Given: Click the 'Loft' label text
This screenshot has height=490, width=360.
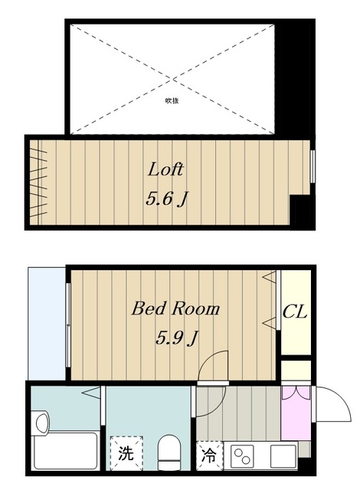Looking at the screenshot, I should click(x=165, y=169).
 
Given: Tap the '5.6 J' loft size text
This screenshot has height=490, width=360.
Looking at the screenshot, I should click(x=167, y=199).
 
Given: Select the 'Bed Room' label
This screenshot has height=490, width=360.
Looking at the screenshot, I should click(x=175, y=309).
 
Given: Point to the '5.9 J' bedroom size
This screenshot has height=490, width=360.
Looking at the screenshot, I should click(x=177, y=338).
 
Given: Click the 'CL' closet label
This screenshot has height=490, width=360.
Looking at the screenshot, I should click(x=295, y=312).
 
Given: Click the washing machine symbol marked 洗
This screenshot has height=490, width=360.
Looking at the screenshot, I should click(x=125, y=452).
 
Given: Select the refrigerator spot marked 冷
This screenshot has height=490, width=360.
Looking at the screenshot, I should click(x=208, y=453).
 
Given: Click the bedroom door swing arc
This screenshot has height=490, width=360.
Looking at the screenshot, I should click(x=213, y=366).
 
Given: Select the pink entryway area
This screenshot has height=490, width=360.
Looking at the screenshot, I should click(x=295, y=412).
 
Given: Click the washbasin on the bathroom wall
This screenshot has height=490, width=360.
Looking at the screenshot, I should click(x=41, y=421).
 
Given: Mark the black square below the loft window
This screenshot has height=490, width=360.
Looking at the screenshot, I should click(x=302, y=211).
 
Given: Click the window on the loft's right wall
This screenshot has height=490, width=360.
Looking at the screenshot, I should click(x=313, y=165).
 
